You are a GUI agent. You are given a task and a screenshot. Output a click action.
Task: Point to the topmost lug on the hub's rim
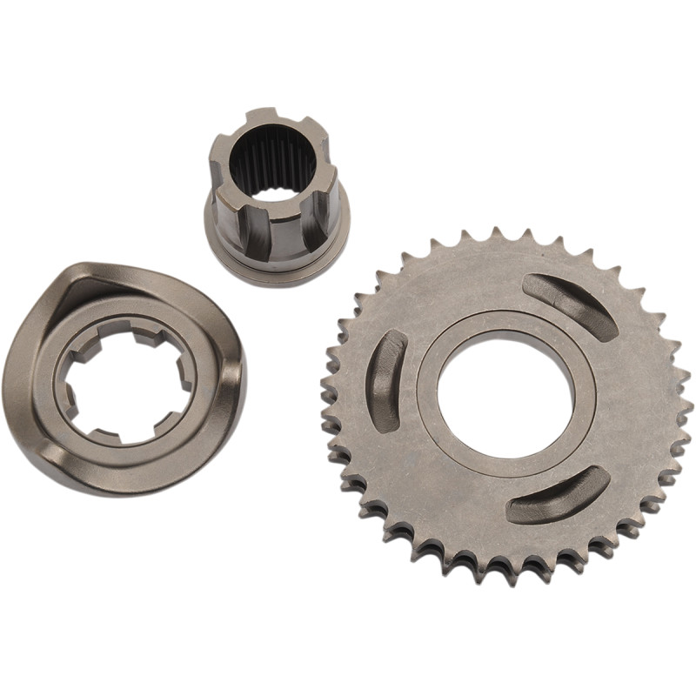coord(262,117)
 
